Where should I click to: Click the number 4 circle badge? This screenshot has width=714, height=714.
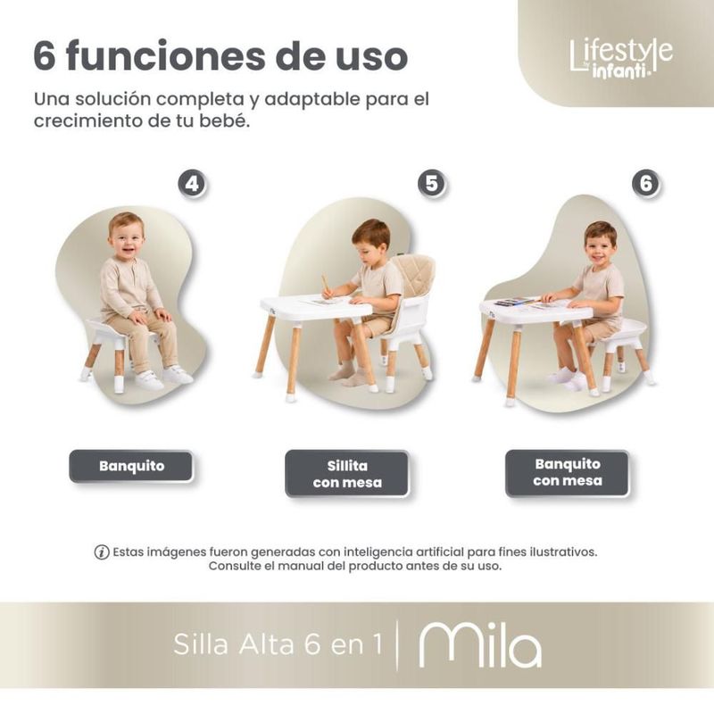click(192, 184)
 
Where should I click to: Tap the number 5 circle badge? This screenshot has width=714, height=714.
click(431, 184)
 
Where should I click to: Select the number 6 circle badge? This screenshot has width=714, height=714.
click(645, 184)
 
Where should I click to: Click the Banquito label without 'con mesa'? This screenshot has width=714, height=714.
click(131, 466)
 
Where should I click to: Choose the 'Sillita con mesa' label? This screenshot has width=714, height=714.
click(347, 474)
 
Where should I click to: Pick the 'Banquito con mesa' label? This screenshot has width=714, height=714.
click(568, 473)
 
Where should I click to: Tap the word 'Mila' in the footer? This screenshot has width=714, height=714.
click(480, 645)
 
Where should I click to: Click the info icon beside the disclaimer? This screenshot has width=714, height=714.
click(102, 552)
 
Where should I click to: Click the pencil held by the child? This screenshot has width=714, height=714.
click(326, 284)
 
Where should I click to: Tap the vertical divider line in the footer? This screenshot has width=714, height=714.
click(397, 645)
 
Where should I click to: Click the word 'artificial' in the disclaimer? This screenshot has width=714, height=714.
click(435, 552)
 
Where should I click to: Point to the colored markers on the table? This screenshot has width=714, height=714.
click(516, 302)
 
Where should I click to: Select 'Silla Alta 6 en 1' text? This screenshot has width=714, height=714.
click(278, 644)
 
